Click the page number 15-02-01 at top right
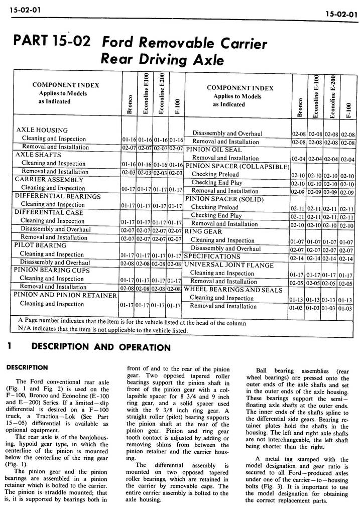(340, 14)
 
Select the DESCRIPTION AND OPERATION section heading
(100, 347)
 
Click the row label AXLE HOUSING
(42, 130)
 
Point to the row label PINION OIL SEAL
(213, 150)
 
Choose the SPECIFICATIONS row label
(212, 256)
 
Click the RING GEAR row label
(203, 232)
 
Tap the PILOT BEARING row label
(40, 245)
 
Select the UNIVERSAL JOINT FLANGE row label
(228, 265)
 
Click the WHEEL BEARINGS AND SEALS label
(233, 290)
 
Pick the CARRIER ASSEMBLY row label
(49, 179)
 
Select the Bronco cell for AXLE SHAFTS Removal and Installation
(129, 172)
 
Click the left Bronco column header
(130, 105)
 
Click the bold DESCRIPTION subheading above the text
(27, 367)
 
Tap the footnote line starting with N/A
(103, 331)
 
